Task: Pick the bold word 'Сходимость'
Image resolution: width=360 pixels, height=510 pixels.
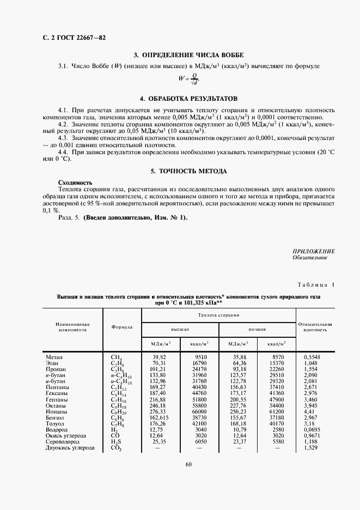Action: point(75,182)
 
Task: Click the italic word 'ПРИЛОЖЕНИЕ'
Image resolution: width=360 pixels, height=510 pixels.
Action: point(313,251)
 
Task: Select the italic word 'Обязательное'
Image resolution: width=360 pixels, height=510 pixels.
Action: point(309,258)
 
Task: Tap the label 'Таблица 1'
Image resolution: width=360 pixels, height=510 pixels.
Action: point(316,285)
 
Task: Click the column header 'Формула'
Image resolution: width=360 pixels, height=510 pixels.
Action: point(122,327)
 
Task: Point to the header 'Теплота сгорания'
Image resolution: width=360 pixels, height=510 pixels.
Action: point(218,315)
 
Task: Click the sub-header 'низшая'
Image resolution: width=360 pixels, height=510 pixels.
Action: point(257,330)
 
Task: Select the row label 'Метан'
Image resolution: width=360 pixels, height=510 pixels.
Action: point(54,357)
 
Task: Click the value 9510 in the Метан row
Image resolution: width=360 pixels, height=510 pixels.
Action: point(199,357)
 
